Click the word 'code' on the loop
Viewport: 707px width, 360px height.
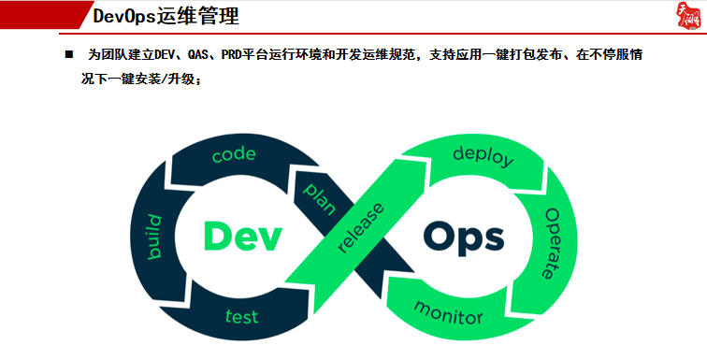[x=234, y=155]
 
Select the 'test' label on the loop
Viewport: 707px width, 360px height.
[x=241, y=315]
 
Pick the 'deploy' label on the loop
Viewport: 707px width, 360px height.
[x=483, y=155]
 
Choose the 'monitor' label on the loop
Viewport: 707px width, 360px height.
[x=448, y=311]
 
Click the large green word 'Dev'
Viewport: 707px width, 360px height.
[x=242, y=236]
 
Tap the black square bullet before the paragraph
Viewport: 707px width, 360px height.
[x=69, y=56]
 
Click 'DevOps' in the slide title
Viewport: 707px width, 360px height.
[x=127, y=17]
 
